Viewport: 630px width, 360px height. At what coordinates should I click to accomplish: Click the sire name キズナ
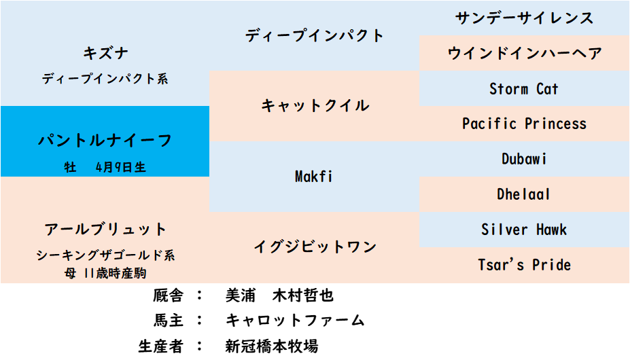[105, 53]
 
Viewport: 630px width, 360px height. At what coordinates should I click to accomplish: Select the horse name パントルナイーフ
[105, 140]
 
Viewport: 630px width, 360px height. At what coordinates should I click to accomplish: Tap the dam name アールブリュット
[105, 230]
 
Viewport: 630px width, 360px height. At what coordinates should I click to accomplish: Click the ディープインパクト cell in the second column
[314, 35]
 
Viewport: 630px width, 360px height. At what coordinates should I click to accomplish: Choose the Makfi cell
[314, 177]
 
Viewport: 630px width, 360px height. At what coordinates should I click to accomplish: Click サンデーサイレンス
[525, 18]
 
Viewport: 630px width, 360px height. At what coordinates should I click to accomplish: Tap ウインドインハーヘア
[525, 53]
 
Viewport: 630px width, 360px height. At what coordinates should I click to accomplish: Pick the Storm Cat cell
[524, 88]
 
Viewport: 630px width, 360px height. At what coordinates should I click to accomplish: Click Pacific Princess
[525, 124]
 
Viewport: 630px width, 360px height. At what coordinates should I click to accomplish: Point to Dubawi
[524, 159]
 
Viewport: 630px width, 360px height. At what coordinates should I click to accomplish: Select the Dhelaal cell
[523, 194]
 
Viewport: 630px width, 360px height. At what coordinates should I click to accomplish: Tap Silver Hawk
[525, 230]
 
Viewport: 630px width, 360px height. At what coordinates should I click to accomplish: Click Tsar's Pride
[525, 265]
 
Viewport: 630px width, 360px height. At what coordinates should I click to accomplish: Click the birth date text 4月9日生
[120, 167]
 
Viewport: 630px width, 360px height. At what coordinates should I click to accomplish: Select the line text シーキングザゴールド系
[105, 255]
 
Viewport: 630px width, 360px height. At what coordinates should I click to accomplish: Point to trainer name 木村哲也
[303, 295]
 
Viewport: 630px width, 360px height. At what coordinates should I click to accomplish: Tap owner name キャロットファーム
[295, 320]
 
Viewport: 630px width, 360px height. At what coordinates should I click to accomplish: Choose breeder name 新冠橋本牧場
[272, 346]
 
